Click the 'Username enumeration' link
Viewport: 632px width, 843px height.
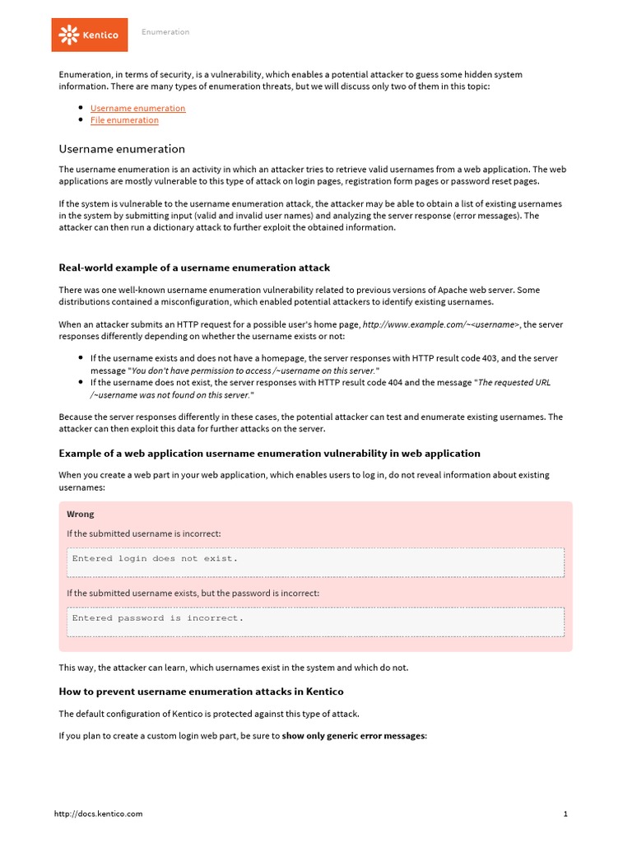coord(137,108)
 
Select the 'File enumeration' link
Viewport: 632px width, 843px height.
coord(124,120)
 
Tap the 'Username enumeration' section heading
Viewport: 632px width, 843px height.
coord(122,149)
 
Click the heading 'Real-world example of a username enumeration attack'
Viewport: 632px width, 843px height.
coord(194,268)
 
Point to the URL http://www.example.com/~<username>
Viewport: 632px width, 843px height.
coord(441,324)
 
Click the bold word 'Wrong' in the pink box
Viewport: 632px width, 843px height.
coord(81,514)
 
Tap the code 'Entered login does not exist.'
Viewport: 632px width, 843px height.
coord(155,558)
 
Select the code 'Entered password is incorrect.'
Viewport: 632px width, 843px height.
coord(158,617)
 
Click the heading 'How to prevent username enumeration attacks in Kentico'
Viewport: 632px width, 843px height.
coord(201,692)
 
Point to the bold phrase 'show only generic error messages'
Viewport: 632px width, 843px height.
coord(353,735)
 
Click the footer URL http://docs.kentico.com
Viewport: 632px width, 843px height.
coord(98,813)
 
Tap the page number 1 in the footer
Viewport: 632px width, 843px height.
coord(566,813)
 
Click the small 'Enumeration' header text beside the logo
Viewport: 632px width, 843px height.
coord(165,32)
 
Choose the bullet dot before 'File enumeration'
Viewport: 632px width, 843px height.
coord(81,120)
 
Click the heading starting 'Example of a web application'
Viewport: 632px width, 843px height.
coord(269,454)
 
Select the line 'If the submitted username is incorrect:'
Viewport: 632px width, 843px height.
coord(144,533)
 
